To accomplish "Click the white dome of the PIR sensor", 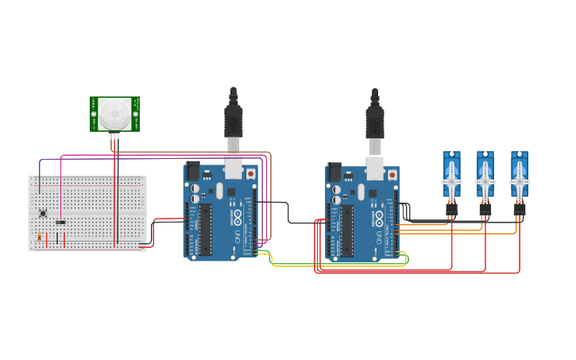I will click(114, 113).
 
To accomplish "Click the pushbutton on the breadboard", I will click(42, 212).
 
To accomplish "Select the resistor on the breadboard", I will click(39, 236).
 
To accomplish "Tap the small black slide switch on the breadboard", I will click(60, 222).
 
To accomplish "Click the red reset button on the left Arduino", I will click(251, 172).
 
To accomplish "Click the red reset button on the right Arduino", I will click(392, 173).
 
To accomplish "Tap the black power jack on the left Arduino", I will click(192, 171).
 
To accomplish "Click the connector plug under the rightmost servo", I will click(519, 210).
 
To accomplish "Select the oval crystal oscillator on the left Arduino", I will click(219, 191).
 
